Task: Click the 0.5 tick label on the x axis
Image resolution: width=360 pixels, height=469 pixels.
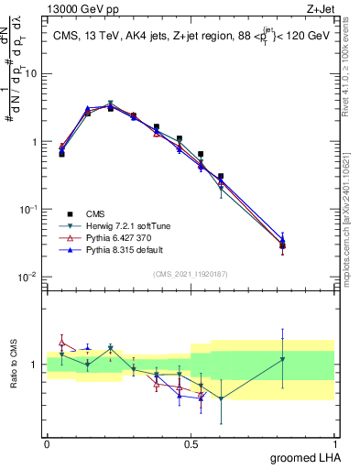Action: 191,442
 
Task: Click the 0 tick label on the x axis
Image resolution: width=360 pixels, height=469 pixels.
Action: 47,442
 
